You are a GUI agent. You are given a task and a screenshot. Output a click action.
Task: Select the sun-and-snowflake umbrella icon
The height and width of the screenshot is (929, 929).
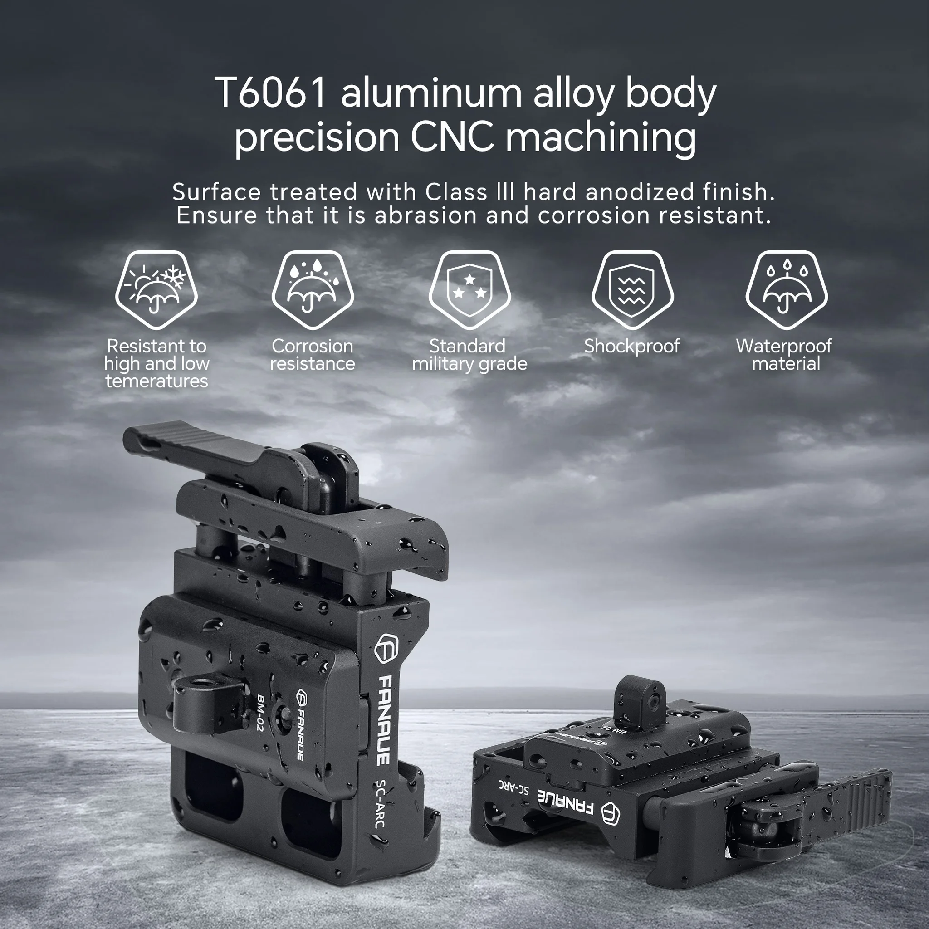click(156, 290)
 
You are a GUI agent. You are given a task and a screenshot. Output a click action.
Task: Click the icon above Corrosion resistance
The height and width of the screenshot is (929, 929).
click(313, 290)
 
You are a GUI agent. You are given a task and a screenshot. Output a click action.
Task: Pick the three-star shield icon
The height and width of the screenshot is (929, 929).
click(469, 290)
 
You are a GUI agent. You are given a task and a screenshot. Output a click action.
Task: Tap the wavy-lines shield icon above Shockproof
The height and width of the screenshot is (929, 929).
click(632, 290)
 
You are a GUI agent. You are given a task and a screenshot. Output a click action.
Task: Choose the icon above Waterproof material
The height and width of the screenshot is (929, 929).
click(786, 290)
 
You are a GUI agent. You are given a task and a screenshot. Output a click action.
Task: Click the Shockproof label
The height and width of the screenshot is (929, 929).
click(631, 346)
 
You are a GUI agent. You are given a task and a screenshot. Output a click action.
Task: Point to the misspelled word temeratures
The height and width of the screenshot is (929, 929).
click(157, 381)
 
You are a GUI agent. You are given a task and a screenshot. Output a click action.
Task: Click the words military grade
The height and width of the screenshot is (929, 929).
click(469, 364)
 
